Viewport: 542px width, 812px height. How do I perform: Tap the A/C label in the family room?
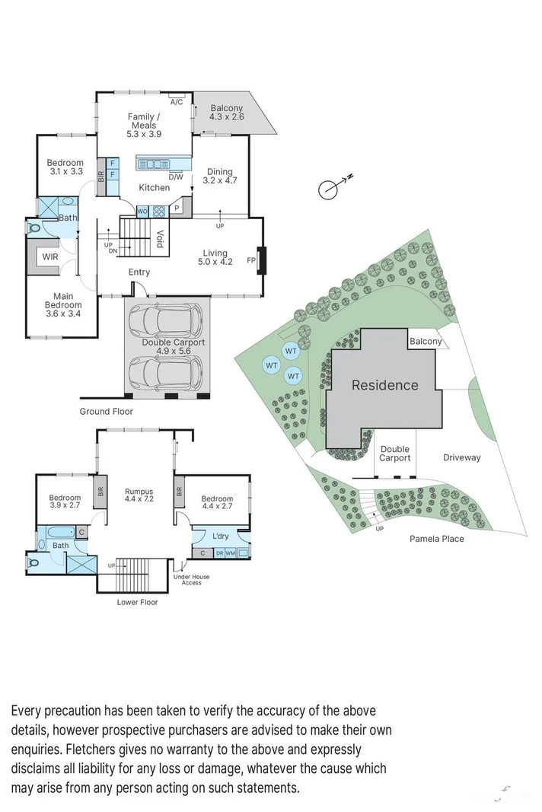tap(177, 102)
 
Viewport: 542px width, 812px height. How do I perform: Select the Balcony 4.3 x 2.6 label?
tap(227, 113)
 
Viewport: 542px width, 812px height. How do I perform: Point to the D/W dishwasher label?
tap(176, 177)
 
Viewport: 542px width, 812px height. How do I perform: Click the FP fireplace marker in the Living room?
tap(251, 260)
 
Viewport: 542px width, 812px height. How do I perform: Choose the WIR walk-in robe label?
tap(50, 257)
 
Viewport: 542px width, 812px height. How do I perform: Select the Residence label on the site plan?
tap(384, 385)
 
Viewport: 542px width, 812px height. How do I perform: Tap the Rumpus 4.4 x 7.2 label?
tap(139, 495)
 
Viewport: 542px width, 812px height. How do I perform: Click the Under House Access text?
tap(191, 580)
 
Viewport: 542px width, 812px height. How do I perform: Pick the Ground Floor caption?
tap(107, 412)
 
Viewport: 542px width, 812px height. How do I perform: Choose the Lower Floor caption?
tap(138, 602)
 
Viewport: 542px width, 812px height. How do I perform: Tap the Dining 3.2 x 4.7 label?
tap(220, 176)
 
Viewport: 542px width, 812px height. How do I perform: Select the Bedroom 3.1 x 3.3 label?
tap(65, 167)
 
